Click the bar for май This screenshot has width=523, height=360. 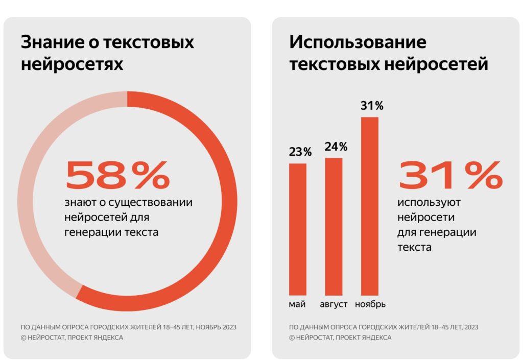click(x=298, y=229)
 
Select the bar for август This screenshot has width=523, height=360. click(x=334, y=227)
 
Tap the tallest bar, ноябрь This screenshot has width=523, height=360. click(x=370, y=206)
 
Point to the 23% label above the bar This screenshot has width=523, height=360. click(x=300, y=152)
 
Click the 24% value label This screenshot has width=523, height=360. click(x=336, y=147)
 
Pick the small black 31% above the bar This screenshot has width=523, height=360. click(x=372, y=106)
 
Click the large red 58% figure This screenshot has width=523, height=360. click(x=117, y=175)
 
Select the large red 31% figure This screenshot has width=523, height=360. click(x=450, y=175)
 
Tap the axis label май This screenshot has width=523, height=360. click(x=297, y=304)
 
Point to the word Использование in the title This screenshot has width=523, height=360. click(x=358, y=42)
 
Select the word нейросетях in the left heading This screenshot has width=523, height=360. click(x=72, y=65)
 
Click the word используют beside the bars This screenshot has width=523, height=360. click(x=429, y=203)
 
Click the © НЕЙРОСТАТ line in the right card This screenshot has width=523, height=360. click(x=340, y=338)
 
